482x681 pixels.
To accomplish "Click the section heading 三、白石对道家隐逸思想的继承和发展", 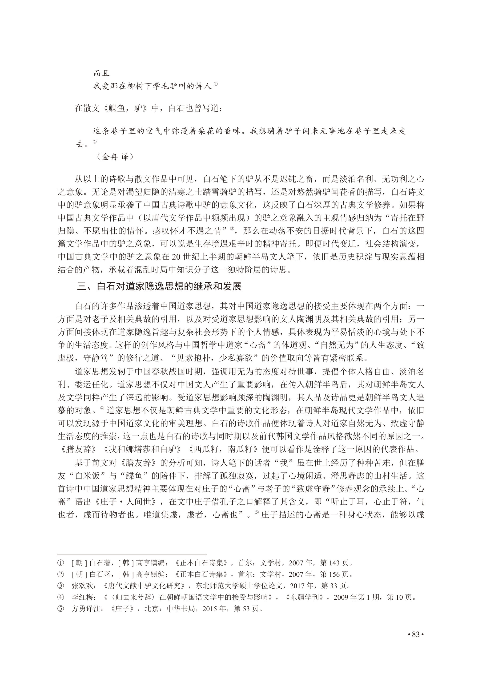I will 159,286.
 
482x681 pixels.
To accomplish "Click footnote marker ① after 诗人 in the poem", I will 216,84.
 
